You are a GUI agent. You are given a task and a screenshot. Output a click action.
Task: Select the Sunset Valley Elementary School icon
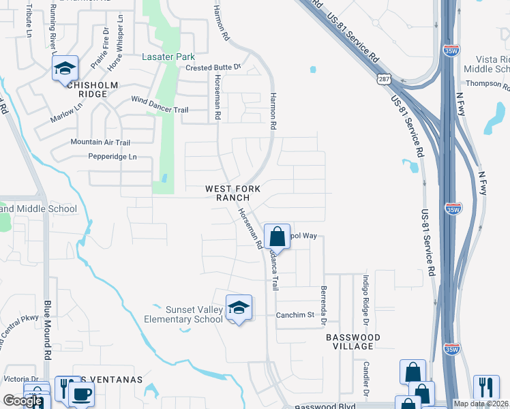click(239, 309)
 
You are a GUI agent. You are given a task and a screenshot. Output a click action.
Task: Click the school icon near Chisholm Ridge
click(65, 68)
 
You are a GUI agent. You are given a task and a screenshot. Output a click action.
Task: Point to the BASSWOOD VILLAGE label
click(349, 342)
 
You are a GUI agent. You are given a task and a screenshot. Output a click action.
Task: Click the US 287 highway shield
click(385, 80)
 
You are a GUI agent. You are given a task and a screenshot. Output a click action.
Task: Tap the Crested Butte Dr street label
click(213, 67)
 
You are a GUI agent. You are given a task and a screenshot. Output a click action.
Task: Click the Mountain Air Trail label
click(100, 142)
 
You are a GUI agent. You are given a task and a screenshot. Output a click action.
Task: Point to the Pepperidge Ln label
click(112, 157)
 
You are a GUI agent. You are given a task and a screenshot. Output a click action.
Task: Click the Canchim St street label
click(295, 315)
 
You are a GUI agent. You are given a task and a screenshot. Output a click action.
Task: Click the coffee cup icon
click(81, 394)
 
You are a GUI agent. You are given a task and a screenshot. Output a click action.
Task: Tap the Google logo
click(22, 401)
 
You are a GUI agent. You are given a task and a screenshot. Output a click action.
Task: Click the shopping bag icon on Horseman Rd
click(277, 238)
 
